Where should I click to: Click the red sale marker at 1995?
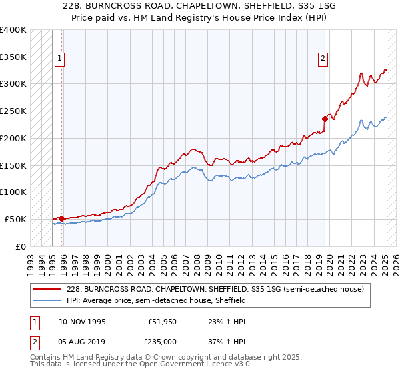click(62, 218)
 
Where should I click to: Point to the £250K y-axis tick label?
click(13, 111)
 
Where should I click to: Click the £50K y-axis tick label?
click(16, 219)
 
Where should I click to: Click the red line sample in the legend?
click(47, 290)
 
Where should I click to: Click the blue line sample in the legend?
click(47, 301)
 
